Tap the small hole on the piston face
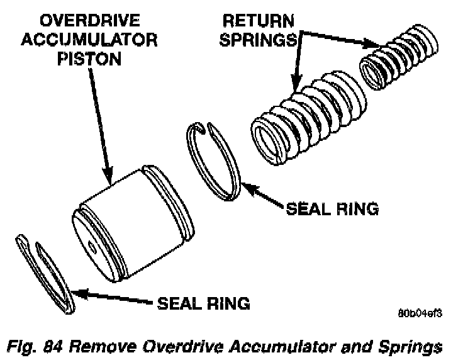pyautogui.click(x=91, y=247)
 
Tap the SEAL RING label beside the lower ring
pyautogui.click(x=203, y=303)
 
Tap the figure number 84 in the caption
pyautogui.click(x=54, y=346)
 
